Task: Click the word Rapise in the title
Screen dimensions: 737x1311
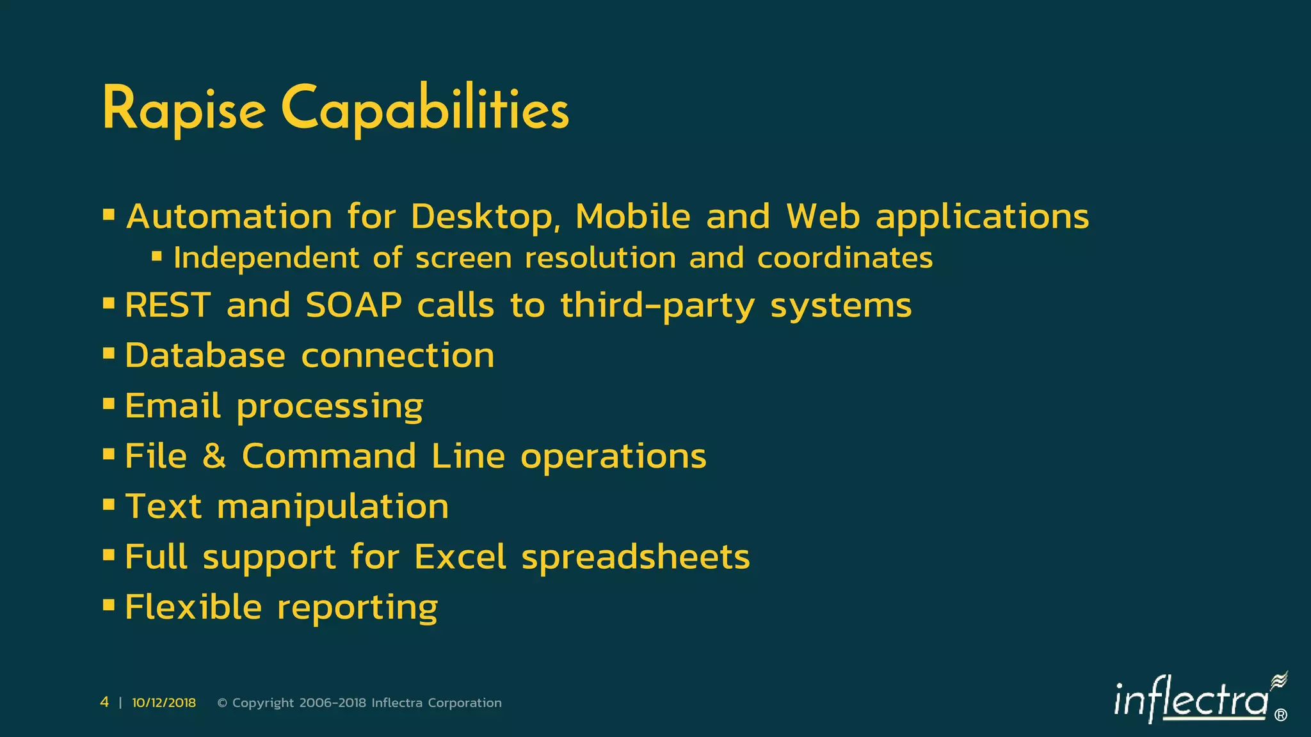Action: pos(184,109)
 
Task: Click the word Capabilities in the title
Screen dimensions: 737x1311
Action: pos(424,109)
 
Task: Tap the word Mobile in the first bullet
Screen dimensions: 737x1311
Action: pos(632,217)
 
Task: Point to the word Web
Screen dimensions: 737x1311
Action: pos(823,217)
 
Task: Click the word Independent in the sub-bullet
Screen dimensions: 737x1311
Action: pos(266,258)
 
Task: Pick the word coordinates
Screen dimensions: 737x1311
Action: pos(844,258)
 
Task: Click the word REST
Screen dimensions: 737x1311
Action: pos(168,305)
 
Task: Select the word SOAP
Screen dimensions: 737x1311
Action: pos(353,305)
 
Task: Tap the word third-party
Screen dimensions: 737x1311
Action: pos(657,306)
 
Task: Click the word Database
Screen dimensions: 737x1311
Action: pos(205,356)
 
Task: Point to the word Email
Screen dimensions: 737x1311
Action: pos(173,406)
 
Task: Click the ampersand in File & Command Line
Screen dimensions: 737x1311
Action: pos(214,456)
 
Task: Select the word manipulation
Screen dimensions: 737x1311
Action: pos(333,507)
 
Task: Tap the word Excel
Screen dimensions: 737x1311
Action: pos(460,557)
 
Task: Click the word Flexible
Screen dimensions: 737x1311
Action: pos(193,607)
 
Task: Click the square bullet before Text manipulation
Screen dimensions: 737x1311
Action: pos(109,505)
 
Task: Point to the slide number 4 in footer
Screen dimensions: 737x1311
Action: pos(104,702)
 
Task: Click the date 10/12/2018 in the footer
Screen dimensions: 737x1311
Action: pos(164,702)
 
